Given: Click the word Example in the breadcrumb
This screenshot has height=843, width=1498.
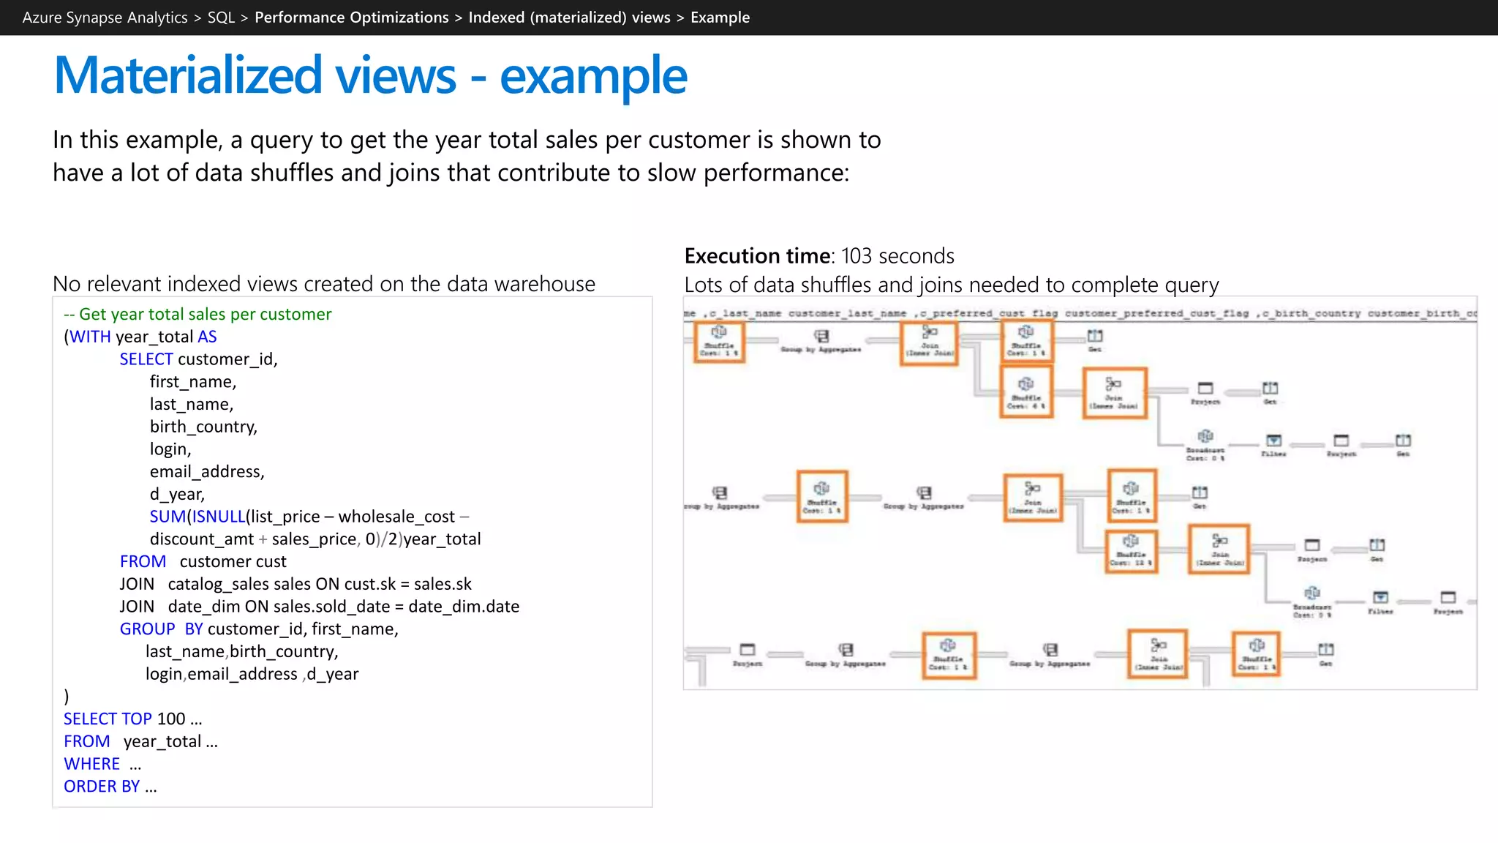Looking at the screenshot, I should (720, 18).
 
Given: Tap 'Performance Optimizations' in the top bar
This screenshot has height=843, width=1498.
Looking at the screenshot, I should (351, 18).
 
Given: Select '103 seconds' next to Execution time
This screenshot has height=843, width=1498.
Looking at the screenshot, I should (897, 256).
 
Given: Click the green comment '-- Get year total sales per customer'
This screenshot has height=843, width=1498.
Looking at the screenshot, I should (197, 315).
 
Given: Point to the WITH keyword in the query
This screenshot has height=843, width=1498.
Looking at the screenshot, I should (90, 337).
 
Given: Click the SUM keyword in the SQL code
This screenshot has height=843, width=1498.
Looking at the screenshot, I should (168, 517).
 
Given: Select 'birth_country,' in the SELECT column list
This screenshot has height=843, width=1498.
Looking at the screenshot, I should (203, 427).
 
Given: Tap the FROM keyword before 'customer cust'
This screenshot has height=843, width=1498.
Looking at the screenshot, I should (143, 562).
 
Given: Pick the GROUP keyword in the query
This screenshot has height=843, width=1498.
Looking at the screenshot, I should (147, 629).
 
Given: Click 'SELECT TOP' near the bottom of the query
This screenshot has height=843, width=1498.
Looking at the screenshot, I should (108, 719).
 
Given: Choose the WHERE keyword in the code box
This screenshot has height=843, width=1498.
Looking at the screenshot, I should (91, 764).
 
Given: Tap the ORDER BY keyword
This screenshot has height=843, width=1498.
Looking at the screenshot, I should (101, 787).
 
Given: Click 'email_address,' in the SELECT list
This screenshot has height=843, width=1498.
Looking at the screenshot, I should (207, 472).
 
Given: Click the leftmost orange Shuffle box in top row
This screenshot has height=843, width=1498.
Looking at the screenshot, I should (719, 342).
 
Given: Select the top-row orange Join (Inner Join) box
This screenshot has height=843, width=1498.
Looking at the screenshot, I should (929, 342).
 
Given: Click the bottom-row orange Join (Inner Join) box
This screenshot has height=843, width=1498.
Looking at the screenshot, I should (1158, 653).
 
